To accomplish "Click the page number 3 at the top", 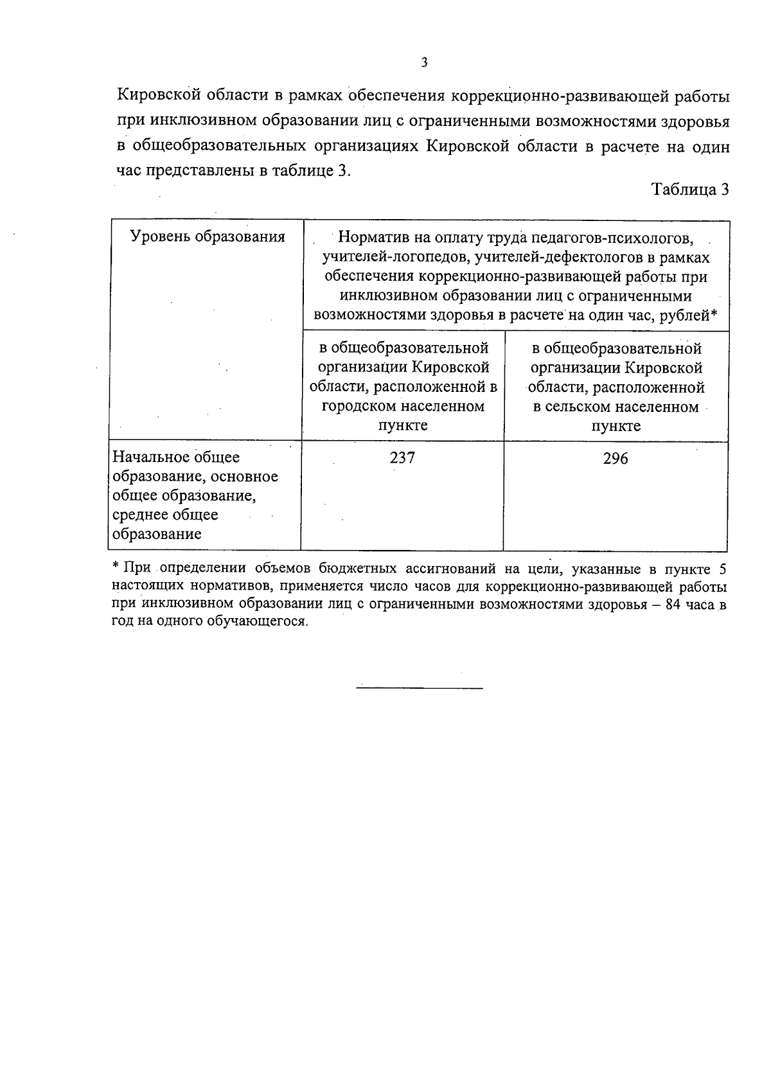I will (423, 62).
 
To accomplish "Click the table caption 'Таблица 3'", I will (690, 190).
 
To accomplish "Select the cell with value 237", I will (402, 458).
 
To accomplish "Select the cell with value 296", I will (616, 459).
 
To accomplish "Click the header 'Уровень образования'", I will (208, 236).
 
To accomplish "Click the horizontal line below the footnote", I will (419, 688).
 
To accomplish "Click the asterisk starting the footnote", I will (116, 567).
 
